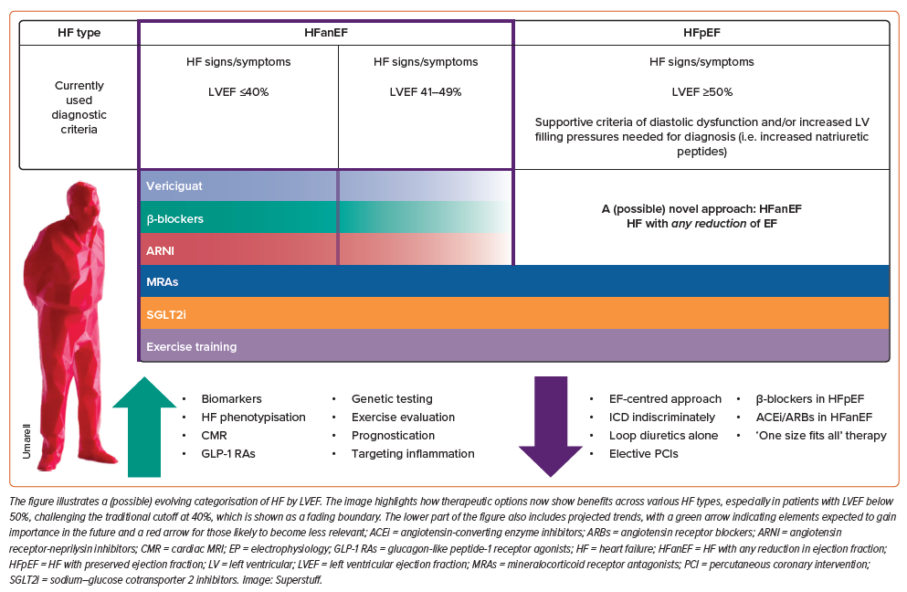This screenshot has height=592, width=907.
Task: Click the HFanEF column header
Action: tap(326, 32)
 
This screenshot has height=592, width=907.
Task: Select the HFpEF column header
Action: tap(701, 32)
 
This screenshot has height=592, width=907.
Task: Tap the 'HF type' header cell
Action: tap(79, 32)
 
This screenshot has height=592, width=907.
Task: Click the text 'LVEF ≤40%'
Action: tap(237, 91)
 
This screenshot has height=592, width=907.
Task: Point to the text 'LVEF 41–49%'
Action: tap(425, 91)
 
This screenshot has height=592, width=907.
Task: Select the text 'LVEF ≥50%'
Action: tap(701, 91)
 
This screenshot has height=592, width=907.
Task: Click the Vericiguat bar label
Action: tap(174, 185)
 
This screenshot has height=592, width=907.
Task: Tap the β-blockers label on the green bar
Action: tap(174, 219)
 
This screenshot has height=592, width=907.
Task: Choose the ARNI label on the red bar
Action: tap(160, 249)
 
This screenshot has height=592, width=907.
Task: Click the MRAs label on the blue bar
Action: tap(162, 281)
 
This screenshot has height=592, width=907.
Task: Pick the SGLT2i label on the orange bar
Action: tap(165, 313)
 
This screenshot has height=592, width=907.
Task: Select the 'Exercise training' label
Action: tap(191, 346)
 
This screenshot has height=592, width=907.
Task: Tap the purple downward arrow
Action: tap(550, 425)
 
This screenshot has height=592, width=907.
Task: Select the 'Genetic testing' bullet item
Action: tap(392, 398)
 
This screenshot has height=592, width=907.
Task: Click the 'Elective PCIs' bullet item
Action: tap(643, 453)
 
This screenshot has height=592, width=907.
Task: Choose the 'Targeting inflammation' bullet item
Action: tap(413, 453)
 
